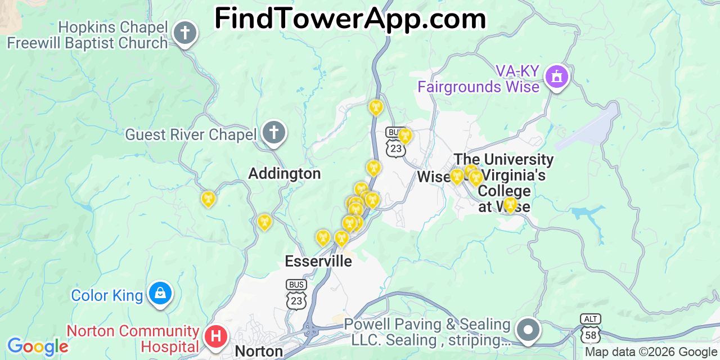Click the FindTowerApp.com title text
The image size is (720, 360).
(x=350, y=19)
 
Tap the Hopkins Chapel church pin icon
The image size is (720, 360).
(x=184, y=33)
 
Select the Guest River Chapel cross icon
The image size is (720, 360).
(x=273, y=133)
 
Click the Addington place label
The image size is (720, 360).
(x=285, y=174)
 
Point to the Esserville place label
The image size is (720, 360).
(x=318, y=261)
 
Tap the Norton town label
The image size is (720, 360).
(x=259, y=352)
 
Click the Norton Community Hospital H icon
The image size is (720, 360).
(x=215, y=336)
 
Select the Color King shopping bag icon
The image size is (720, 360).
(x=160, y=293)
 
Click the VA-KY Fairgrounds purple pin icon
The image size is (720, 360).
(x=557, y=76)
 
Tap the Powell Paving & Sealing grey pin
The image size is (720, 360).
(x=528, y=330)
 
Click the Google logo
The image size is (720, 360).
(x=37, y=346)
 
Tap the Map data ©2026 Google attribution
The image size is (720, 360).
(x=651, y=352)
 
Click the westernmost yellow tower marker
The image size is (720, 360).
(x=208, y=198)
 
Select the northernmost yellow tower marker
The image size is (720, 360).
(x=376, y=107)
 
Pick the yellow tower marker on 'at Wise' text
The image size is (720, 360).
(x=510, y=204)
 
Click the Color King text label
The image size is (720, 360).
(x=107, y=295)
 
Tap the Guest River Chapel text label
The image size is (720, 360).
(x=191, y=135)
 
